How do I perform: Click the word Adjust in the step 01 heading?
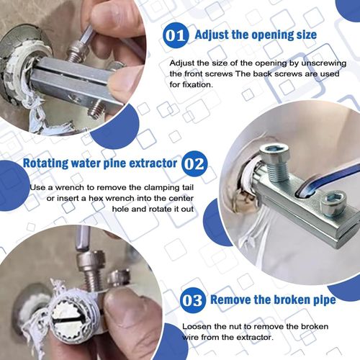(x=213, y=34)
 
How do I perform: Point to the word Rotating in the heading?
(x=50, y=163)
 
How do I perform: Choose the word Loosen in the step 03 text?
(x=186, y=325)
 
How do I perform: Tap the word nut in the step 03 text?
(x=229, y=325)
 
